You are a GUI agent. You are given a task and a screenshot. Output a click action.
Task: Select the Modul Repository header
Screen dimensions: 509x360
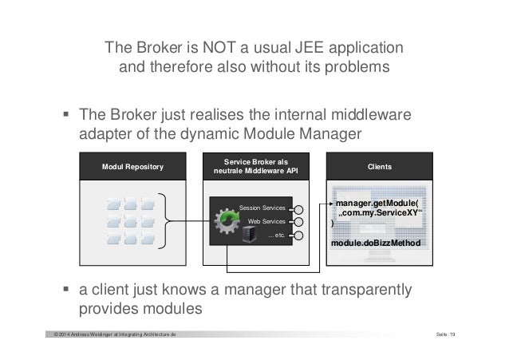132,168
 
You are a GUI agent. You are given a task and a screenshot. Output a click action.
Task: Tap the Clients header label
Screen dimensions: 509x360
378,167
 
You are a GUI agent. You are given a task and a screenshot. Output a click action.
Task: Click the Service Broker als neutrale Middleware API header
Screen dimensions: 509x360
254,167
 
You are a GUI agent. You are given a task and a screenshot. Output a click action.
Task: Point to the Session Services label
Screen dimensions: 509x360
262,207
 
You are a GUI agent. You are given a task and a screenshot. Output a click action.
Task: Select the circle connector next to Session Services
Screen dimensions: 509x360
298,208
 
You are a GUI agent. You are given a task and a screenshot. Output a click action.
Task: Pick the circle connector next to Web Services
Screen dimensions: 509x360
298,222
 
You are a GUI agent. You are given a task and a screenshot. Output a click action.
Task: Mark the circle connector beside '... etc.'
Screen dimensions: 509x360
298,236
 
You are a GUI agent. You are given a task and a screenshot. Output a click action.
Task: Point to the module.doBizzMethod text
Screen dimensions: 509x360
377,241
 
